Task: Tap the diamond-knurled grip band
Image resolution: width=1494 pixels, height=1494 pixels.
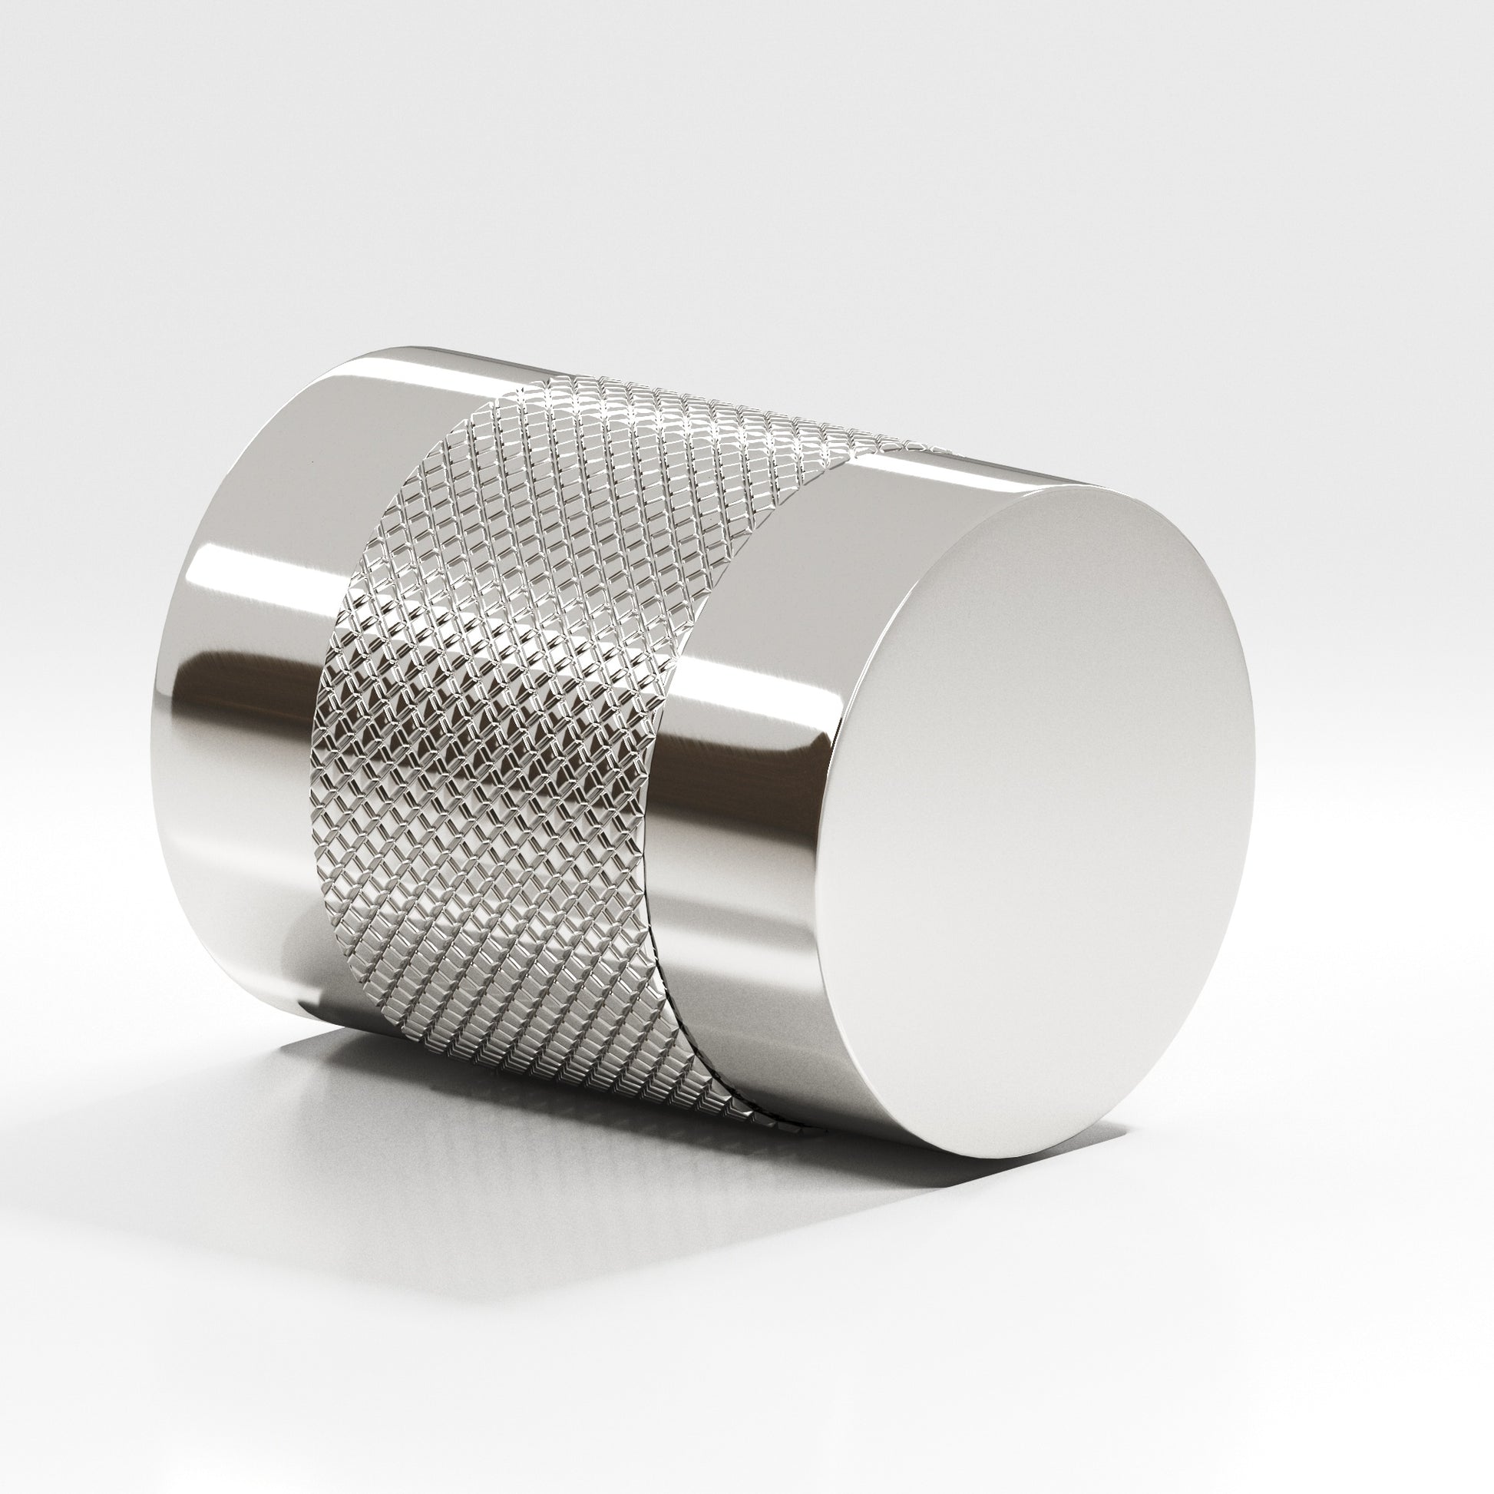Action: pyautogui.click(x=495, y=696)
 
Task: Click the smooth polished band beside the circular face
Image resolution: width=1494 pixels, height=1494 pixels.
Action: pyautogui.click(x=742, y=696)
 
